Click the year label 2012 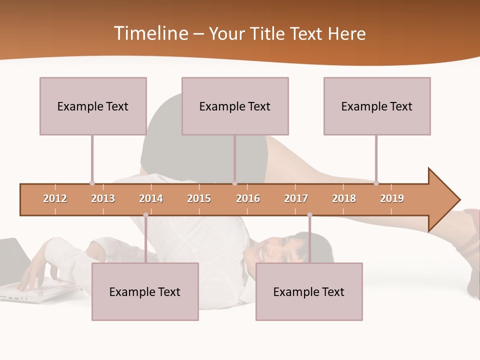click(55, 198)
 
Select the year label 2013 click(103, 198)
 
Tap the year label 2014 click(151, 198)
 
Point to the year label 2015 click(199, 198)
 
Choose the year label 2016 click(248, 198)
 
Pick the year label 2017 click(296, 198)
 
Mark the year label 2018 click(344, 198)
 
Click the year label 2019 click(392, 198)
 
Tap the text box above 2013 click(93, 106)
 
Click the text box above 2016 click(235, 106)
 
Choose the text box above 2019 click(377, 106)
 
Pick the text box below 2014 click(145, 291)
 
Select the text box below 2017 click(309, 291)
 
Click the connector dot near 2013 click(92, 183)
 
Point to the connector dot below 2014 click(145, 215)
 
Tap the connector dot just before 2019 click(376, 183)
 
